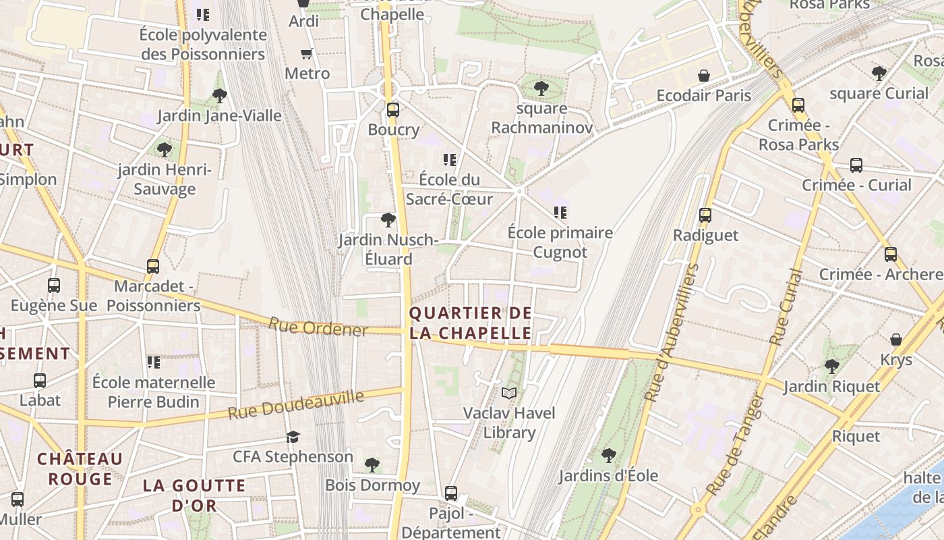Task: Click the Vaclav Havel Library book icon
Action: click(x=509, y=393)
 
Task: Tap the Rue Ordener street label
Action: click(x=318, y=327)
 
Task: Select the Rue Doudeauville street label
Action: click(x=296, y=404)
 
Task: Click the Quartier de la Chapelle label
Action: click(x=470, y=323)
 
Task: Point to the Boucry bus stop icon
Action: click(x=392, y=109)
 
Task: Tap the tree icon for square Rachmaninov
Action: click(x=541, y=88)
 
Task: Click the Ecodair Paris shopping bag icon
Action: click(x=703, y=75)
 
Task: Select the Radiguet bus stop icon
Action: click(x=705, y=215)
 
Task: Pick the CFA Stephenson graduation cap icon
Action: click(x=293, y=437)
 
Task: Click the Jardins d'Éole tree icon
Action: click(x=608, y=456)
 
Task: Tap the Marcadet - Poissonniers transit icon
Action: click(x=153, y=267)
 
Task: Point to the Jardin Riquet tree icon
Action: click(x=831, y=367)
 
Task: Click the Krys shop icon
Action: click(x=895, y=339)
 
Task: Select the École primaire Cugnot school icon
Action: click(x=560, y=213)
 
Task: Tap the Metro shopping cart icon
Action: click(x=307, y=53)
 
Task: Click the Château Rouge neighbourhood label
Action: click(x=80, y=469)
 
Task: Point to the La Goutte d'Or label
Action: click(x=194, y=495)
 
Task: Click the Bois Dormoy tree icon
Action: click(x=372, y=464)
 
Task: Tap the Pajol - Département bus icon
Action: click(x=451, y=493)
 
